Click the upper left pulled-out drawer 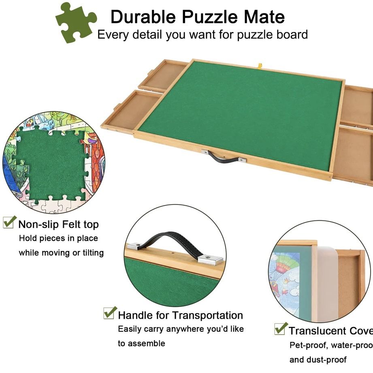point(162,75)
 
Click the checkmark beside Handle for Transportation point(109,313)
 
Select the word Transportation point(208,315)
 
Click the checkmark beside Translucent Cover point(280,328)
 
